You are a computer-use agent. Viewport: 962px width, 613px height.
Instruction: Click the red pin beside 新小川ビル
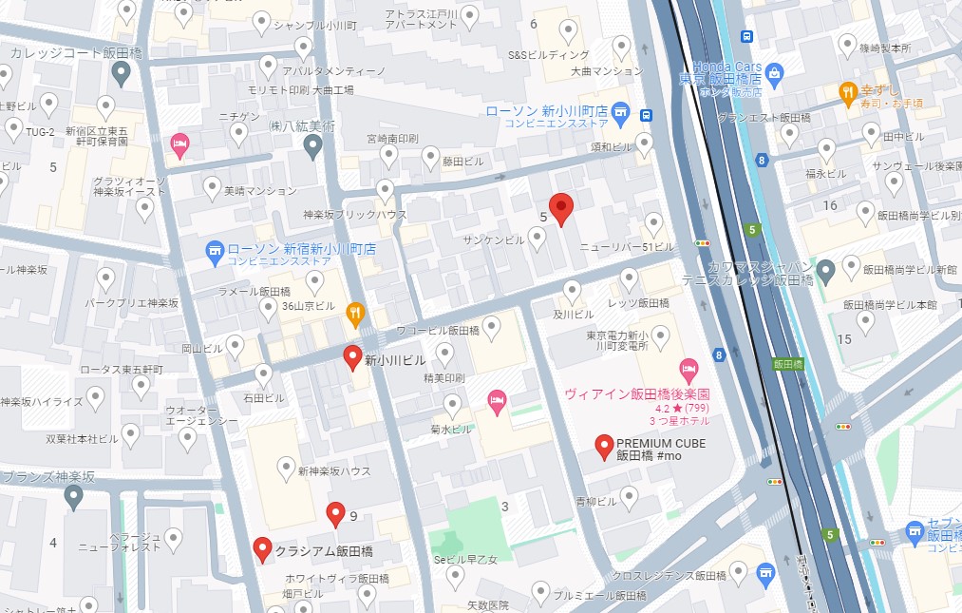[x=352, y=358]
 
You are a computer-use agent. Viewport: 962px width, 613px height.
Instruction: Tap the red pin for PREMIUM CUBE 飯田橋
[x=603, y=446]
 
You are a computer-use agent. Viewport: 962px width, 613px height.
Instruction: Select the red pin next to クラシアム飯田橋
[x=263, y=549]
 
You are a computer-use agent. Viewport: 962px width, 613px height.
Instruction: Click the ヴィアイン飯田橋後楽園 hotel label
[x=637, y=393]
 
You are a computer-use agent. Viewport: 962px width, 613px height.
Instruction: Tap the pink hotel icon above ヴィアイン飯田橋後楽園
[x=689, y=368]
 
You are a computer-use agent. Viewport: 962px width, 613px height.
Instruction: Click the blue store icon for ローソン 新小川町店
[x=621, y=111]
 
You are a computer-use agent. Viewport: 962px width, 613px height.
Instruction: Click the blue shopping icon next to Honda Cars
[x=775, y=72]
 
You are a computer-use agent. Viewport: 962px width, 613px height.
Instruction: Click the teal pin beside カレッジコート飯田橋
[x=121, y=72]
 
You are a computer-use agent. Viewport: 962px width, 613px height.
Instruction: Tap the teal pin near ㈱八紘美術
[x=312, y=144]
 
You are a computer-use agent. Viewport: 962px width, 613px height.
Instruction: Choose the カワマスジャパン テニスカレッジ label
[x=745, y=273]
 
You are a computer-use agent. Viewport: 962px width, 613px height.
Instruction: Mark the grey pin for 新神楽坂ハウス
[x=285, y=467]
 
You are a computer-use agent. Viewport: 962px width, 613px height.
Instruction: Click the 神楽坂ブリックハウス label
[x=354, y=215]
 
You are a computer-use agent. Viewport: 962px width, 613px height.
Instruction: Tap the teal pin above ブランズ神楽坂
[x=73, y=496]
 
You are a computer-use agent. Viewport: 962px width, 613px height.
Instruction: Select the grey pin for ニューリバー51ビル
[x=653, y=224]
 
